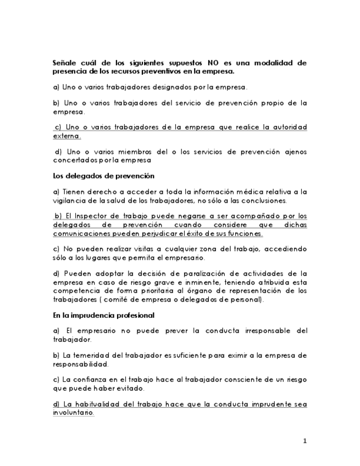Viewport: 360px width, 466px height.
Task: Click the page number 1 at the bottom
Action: pos(304,441)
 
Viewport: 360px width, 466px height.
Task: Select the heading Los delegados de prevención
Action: pos(103,176)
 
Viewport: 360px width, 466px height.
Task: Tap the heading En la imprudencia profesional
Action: pos(103,315)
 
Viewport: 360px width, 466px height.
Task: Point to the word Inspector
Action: pos(104,216)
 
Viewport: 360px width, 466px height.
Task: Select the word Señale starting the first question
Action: pos(65,63)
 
